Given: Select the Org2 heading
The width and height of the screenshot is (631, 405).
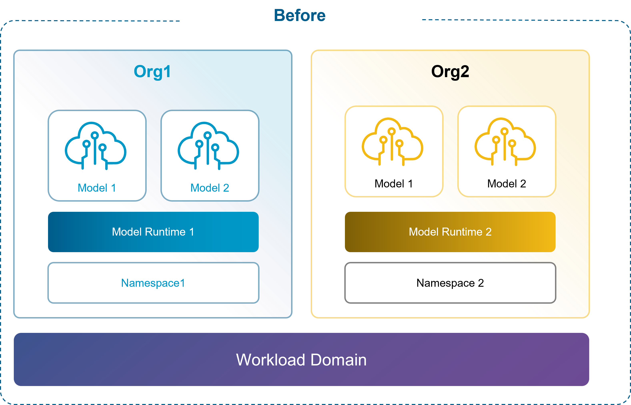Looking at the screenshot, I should tap(450, 72).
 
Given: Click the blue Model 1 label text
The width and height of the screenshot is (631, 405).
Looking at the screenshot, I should tap(97, 188).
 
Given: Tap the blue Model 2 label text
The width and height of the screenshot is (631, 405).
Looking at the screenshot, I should tap(209, 188).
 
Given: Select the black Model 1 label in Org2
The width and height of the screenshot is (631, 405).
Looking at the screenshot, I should tap(394, 184).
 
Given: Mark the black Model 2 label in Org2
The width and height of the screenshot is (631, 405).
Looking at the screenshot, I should tap(507, 184).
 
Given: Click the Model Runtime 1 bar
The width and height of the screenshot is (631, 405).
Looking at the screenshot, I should tap(153, 232).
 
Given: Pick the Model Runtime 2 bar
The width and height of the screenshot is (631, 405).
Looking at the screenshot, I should tap(450, 232).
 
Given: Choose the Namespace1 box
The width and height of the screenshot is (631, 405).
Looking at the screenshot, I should tap(153, 283).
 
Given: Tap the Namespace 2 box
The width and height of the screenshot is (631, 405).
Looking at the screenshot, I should tap(450, 283).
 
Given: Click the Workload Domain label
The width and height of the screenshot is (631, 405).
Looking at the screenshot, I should tap(301, 360).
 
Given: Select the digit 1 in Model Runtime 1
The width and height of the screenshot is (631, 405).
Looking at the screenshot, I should tap(192, 232).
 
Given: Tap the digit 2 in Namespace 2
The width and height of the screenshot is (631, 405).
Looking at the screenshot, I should tap(481, 283).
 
